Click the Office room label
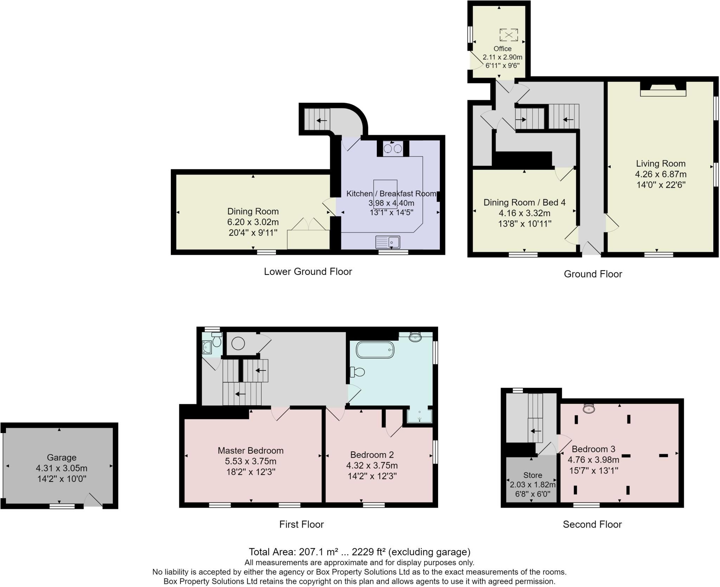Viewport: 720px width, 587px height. tap(502, 49)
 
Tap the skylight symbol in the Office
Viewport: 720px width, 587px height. tap(509, 35)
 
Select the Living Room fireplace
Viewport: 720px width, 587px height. tap(663, 90)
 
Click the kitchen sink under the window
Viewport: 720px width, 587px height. tap(388, 242)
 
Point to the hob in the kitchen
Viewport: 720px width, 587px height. tap(393, 149)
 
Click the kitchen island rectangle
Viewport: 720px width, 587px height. tap(385, 194)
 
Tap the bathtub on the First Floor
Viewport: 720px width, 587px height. tap(375, 350)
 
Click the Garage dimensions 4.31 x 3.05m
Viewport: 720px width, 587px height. tap(62, 468)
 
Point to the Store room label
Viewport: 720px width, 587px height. tap(533, 475)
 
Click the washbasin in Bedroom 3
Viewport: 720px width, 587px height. tap(589, 409)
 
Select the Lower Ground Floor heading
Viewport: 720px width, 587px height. tap(308, 272)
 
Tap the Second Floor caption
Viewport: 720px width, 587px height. tap(592, 524)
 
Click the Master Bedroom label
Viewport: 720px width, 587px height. tap(250, 451)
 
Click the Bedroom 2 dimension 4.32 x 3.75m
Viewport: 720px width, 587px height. tap(372, 466)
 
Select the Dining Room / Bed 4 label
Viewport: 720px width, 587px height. tap(524, 202)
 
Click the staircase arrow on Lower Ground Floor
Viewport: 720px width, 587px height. tap(321, 121)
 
